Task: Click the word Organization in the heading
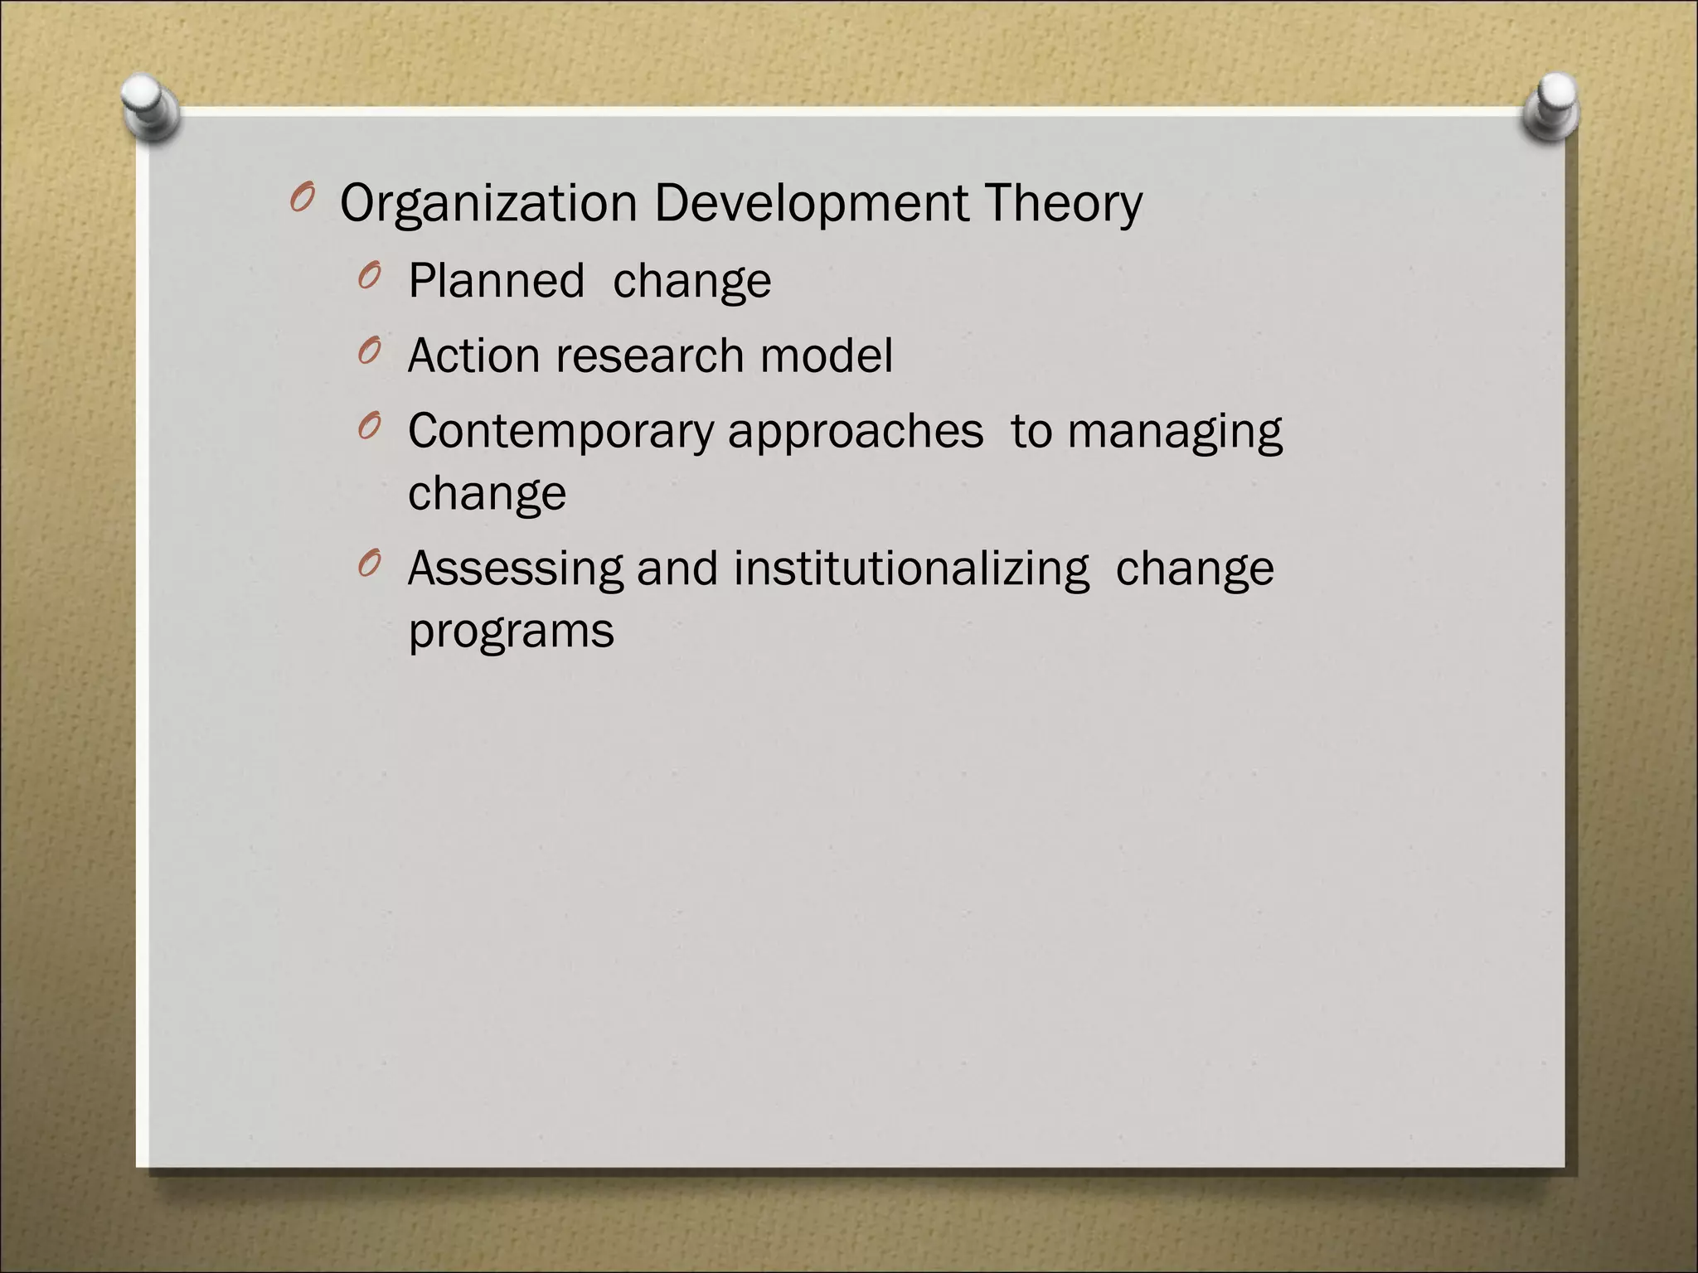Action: coord(488,204)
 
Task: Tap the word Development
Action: coord(811,204)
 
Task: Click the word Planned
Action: coord(497,281)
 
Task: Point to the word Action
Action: coord(474,356)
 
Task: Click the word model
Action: coord(827,356)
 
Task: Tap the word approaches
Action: coord(856,433)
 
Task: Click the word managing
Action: coord(1175,433)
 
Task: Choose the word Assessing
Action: coord(515,569)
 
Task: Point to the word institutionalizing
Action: coord(911,569)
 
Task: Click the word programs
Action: coord(512,632)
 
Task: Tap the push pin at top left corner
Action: coord(150,108)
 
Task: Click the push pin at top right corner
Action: coord(1551,106)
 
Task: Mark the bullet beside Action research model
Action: coord(369,351)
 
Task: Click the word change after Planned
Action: coord(692,281)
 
